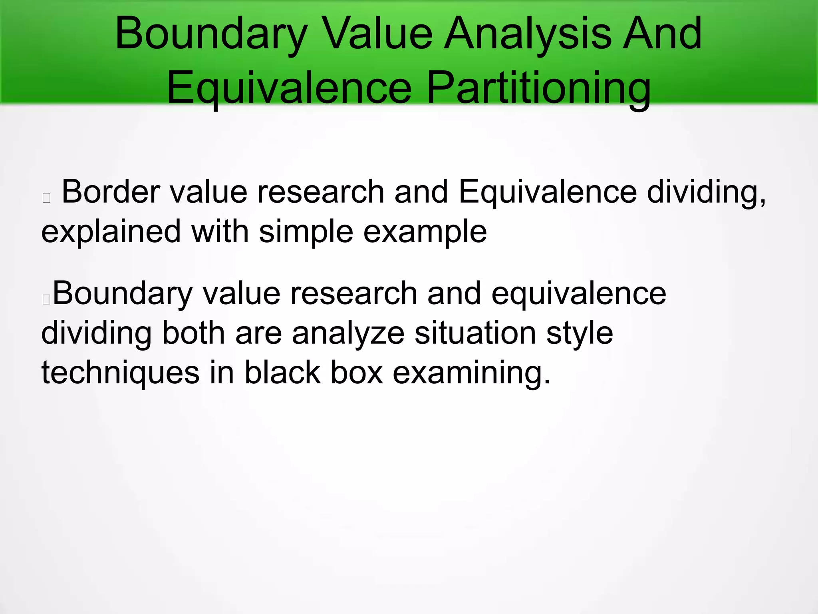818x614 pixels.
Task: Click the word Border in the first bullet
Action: coord(111,192)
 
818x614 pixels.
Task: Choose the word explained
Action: coord(111,232)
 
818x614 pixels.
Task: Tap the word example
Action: coord(425,232)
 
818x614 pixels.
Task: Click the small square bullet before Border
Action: coord(46,197)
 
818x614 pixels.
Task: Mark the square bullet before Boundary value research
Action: coord(46,299)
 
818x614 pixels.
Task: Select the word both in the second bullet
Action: coord(193,333)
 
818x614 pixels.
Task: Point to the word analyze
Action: coord(348,333)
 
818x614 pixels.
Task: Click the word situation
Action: coord(475,333)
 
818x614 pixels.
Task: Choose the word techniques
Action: coord(120,373)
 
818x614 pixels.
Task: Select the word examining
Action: coord(471,373)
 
